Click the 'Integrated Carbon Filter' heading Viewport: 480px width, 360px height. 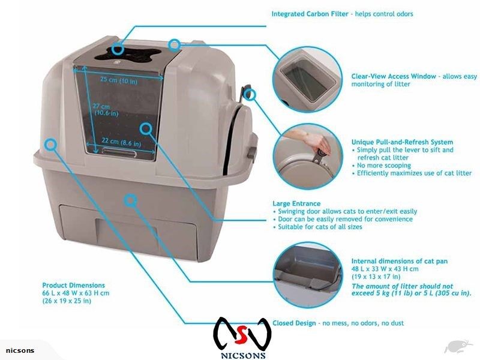[x=310, y=14]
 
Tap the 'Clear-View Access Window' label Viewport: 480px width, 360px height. [x=394, y=76]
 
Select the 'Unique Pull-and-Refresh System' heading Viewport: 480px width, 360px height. [x=402, y=142]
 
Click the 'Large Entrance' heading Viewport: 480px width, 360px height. [x=296, y=203]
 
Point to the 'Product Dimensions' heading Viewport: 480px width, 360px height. [x=73, y=286]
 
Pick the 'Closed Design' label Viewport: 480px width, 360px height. [x=294, y=323]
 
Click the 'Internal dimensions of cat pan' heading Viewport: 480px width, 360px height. [x=399, y=261]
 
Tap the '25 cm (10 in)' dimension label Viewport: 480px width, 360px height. [x=119, y=80]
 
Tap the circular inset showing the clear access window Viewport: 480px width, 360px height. [x=307, y=80]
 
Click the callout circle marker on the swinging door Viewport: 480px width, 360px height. [x=146, y=128]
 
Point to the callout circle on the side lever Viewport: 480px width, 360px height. [x=250, y=94]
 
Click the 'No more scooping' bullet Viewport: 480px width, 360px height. [x=384, y=166]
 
